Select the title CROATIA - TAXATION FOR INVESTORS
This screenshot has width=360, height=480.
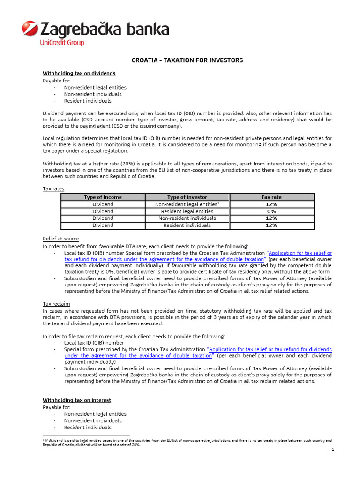coord(187,60)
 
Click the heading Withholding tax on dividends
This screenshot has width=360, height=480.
coord(79,74)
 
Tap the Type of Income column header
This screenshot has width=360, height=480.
coord(103,197)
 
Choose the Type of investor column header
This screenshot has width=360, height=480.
coord(187,197)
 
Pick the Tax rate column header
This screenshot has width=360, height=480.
coord(271,197)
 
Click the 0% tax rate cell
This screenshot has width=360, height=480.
coord(271,211)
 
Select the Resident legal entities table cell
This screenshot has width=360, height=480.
coord(187,211)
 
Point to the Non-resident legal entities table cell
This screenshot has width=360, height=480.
coord(187,204)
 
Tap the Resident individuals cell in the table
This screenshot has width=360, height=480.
coord(187,225)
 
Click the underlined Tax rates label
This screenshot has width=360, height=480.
coord(53,188)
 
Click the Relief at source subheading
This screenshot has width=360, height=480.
coord(61,239)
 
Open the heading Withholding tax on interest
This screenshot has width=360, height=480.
coord(77,400)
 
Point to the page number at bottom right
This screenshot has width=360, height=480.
coord(332,450)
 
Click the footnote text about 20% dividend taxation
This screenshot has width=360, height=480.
coord(187,443)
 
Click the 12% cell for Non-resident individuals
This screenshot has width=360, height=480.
coord(271,218)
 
